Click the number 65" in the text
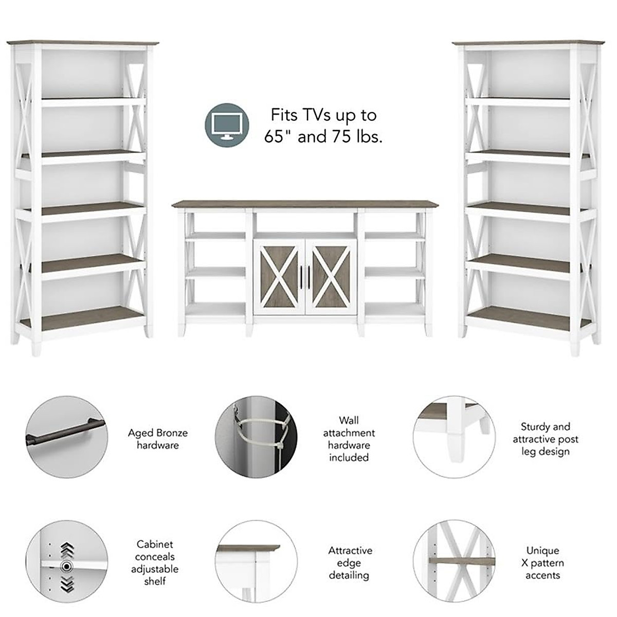(x=280, y=137)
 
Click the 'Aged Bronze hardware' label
(x=157, y=439)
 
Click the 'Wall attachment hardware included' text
(x=349, y=439)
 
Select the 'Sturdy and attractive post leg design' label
(x=545, y=439)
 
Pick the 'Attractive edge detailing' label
(x=350, y=562)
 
